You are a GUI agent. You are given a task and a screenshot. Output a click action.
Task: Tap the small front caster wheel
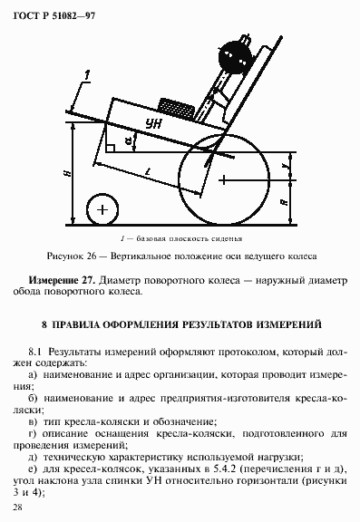pyautogui.click(x=102, y=210)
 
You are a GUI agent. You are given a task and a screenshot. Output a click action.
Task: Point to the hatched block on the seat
pyautogui.click(x=175, y=107)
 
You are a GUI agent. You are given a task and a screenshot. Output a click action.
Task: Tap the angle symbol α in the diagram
pyautogui.click(x=128, y=141)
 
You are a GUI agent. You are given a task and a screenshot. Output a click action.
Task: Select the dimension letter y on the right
pyautogui.click(x=287, y=165)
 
